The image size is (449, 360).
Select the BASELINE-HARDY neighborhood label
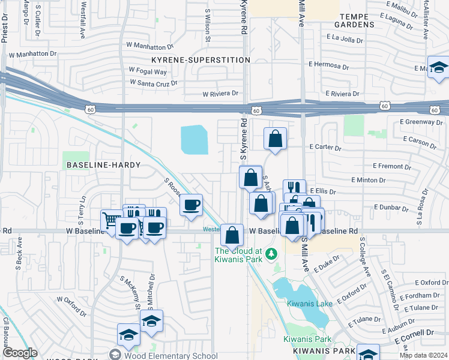click(x=103, y=164)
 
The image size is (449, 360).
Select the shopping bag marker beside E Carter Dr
click(x=275, y=139)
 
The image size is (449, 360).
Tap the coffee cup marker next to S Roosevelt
click(x=191, y=205)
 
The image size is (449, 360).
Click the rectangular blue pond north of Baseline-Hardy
click(x=195, y=139)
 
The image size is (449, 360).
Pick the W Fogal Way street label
click(x=146, y=71)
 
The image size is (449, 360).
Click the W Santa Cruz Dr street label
click(x=153, y=83)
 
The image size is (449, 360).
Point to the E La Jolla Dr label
click(x=345, y=37)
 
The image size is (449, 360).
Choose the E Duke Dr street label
click(x=328, y=260)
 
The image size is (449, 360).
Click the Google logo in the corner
click(x=20, y=353)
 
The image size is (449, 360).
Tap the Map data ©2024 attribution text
click(x=423, y=355)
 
